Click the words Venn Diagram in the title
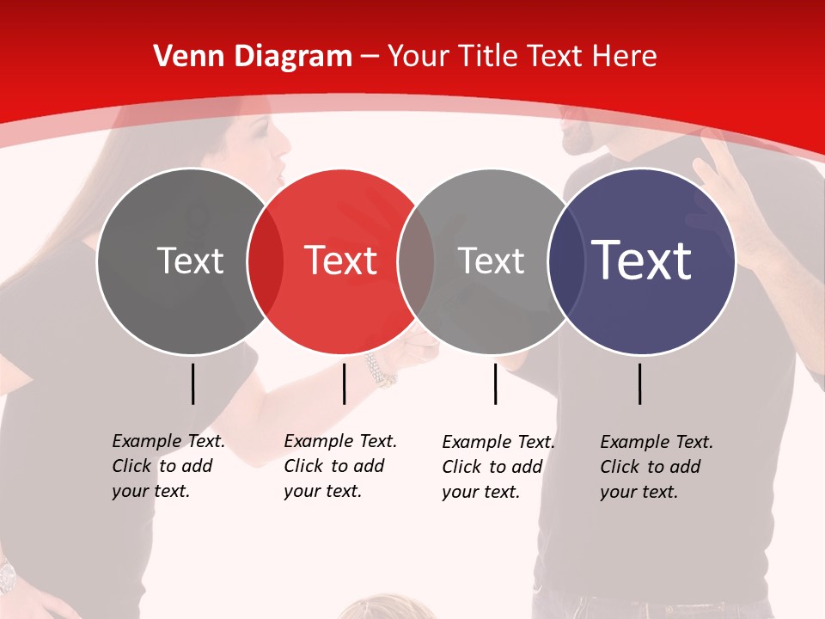253,57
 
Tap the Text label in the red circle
341,260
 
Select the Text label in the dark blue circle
642,260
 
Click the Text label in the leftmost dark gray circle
190,260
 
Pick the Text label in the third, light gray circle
491,260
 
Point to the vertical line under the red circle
344,383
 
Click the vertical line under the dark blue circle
640,383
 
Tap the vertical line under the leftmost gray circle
192,383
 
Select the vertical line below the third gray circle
495,383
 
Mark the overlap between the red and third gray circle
416,260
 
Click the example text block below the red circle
339,466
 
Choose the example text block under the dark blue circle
656,467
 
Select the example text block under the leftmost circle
168,466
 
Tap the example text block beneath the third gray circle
498,467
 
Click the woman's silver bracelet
379,369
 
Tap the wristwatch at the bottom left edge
7,574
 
